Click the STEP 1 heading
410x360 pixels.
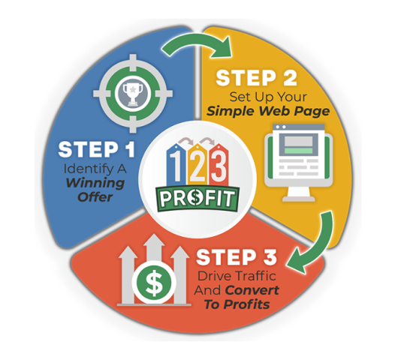[x=96, y=149]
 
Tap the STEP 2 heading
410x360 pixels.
[x=257, y=78]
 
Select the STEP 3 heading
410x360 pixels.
[x=237, y=257]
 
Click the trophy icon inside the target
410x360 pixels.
[x=133, y=94]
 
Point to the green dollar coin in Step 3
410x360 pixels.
[x=153, y=283]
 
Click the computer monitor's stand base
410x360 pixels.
[x=299, y=199]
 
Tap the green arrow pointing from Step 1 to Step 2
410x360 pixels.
[x=197, y=45]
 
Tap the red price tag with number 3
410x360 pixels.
[x=219, y=165]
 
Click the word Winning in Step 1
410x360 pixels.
[x=95, y=184]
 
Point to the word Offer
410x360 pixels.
[x=95, y=197]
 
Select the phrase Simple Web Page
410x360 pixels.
[x=268, y=112]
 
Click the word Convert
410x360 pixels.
[x=252, y=290]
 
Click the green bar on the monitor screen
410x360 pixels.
[x=298, y=151]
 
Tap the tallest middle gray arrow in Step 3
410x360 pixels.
[x=154, y=250]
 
